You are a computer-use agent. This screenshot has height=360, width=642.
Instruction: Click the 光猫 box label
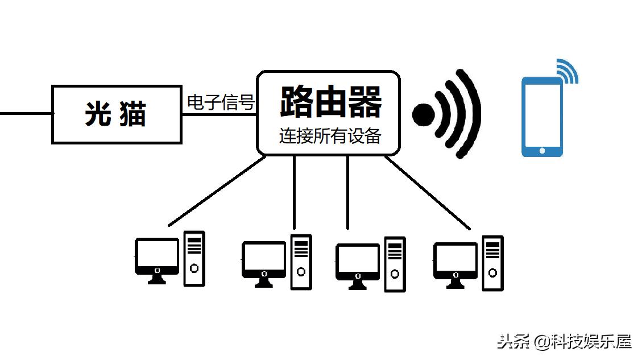tap(116, 114)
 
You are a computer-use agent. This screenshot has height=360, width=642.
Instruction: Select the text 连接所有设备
tap(330, 136)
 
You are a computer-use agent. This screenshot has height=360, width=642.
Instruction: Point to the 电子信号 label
tap(221, 103)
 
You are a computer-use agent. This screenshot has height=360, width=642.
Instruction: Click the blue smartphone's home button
tap(542, 150)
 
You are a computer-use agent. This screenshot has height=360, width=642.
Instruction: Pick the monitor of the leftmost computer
tap(157, 256)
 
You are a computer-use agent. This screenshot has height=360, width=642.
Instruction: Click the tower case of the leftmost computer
tap(194, 259)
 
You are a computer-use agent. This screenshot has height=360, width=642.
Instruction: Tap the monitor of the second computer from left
tap(263, 259)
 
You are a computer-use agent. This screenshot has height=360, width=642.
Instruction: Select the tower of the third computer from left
tap(395, 264)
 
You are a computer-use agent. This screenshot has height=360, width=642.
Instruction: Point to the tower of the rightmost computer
tap(492, 263)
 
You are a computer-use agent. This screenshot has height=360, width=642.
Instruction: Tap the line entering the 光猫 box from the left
tap(26, 113)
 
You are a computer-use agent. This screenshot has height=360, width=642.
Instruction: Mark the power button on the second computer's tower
tap(301, 271)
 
